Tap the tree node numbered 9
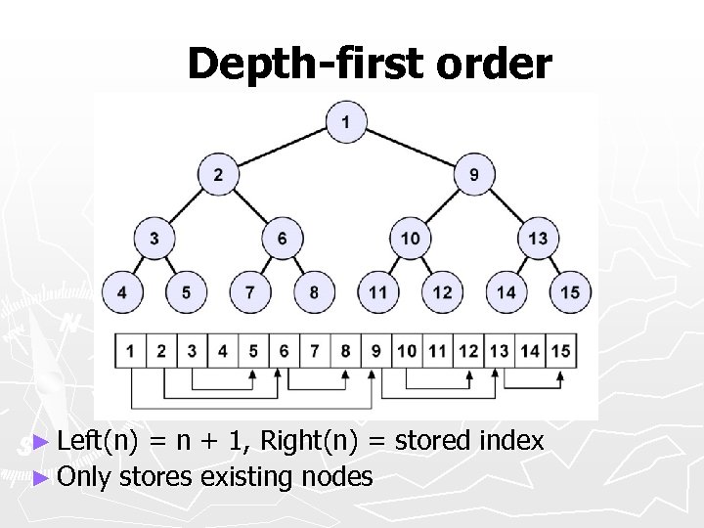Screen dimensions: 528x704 tap(474, 176)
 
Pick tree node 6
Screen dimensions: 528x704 tap(282, 239)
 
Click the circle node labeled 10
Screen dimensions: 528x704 tap(410, 239)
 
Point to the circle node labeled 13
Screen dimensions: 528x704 tap(538, 239)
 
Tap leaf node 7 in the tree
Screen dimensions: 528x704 tap(249, 292)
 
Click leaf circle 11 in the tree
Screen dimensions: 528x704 tap(378, 292)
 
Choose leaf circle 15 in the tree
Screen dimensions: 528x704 tap(570, 292)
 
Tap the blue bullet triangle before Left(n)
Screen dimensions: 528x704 tap(39, 443)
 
